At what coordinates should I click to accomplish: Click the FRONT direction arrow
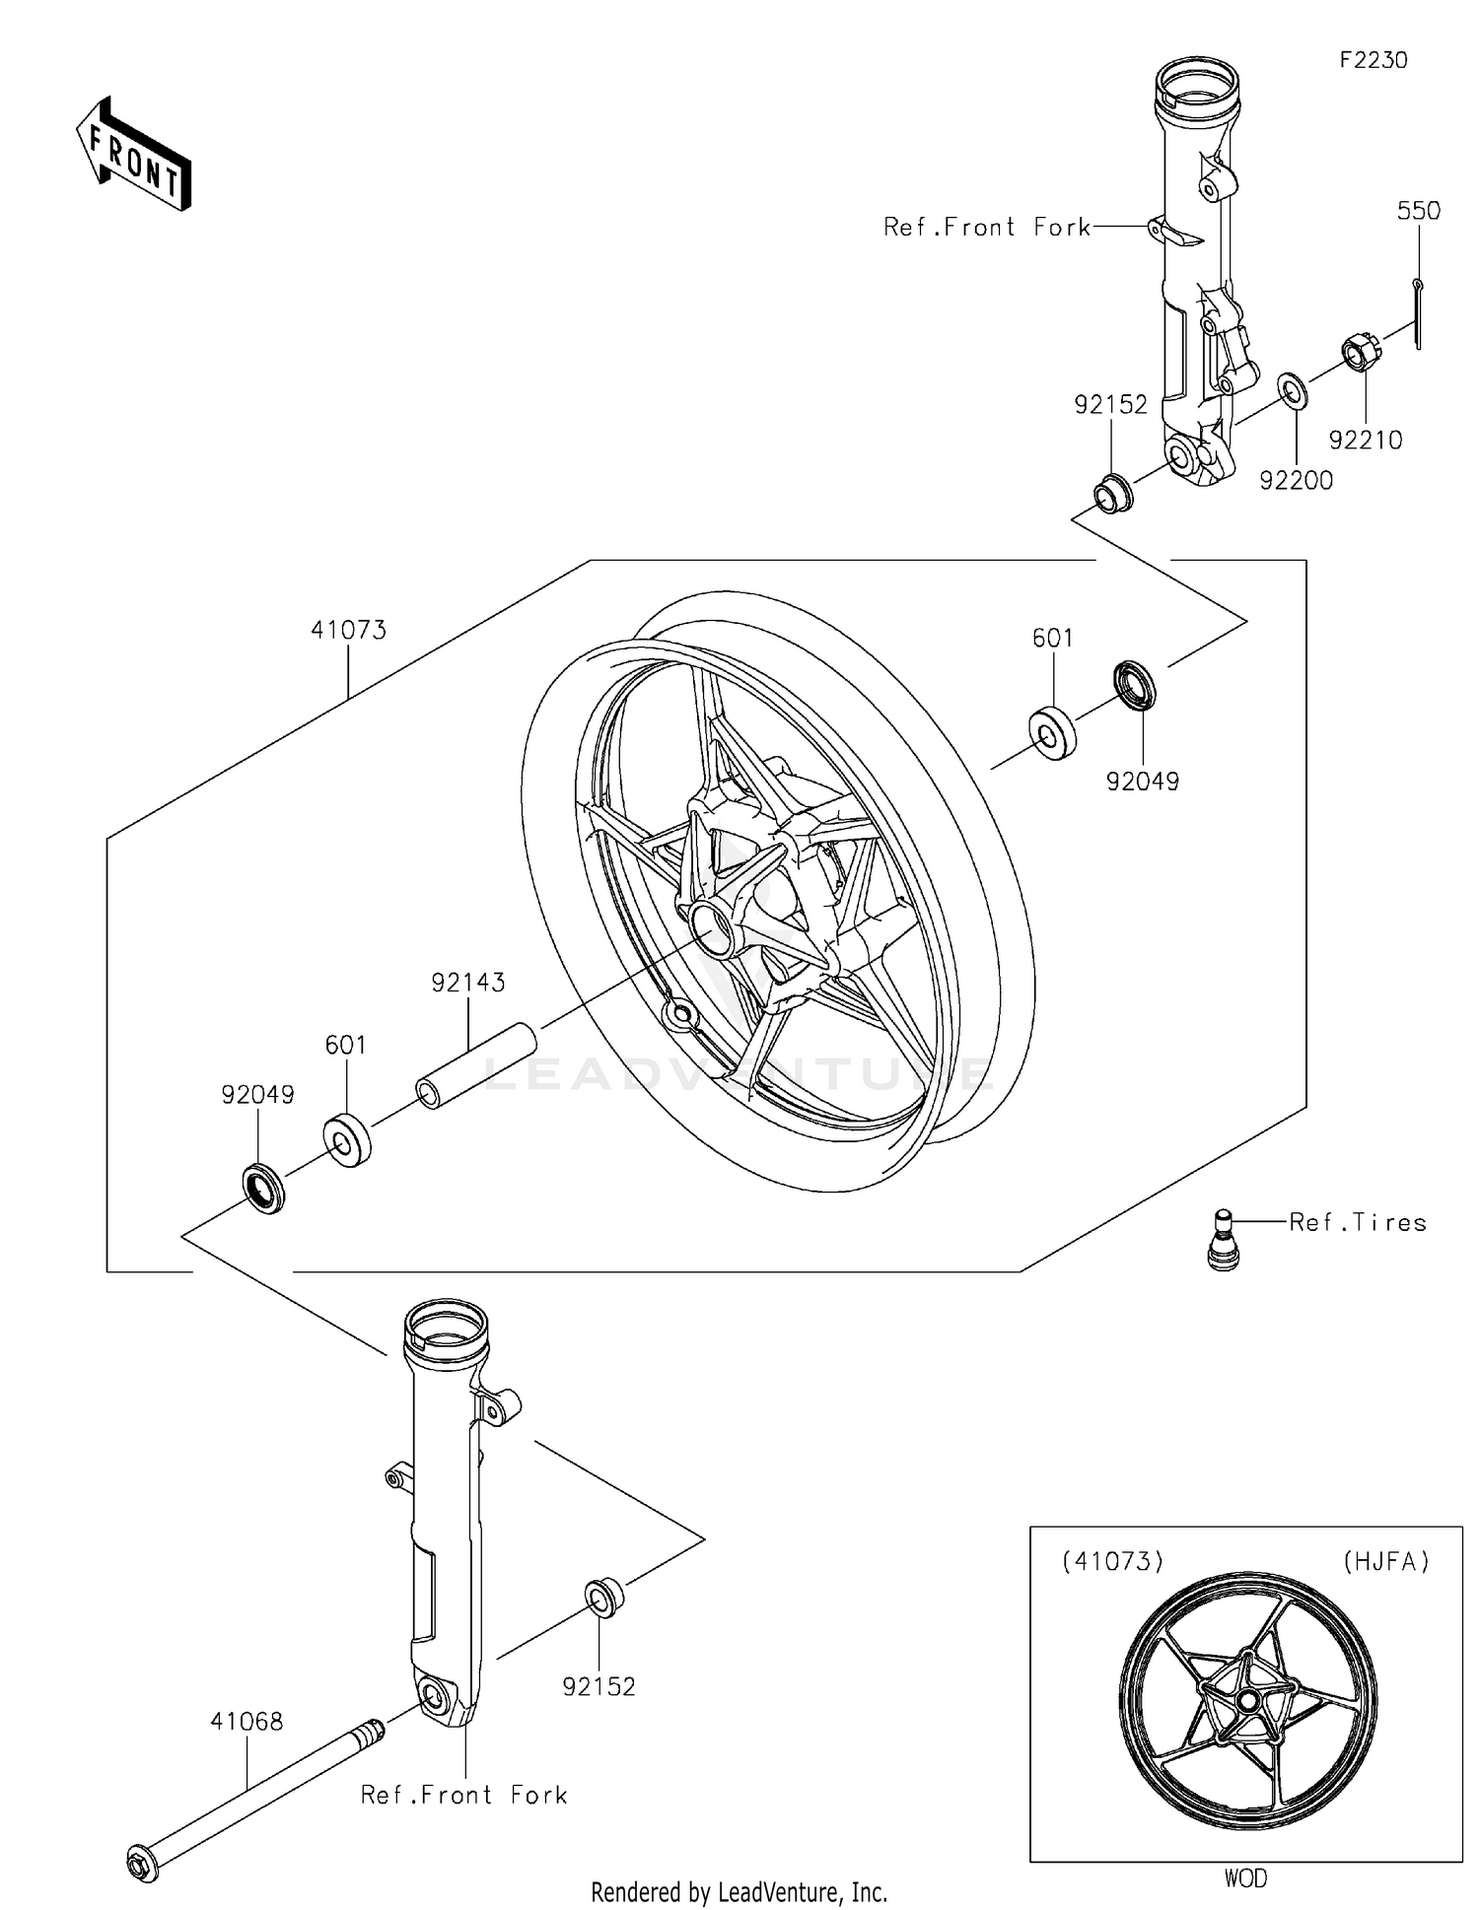point(133,155)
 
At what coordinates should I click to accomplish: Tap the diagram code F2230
point(1373,60)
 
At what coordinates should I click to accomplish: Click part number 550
point(1418,211)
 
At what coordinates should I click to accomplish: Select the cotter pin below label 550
point(1418,313)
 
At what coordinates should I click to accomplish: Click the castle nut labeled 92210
point(1360,353)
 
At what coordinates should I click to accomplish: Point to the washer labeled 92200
point(1293,391)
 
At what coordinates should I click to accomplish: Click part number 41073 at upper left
point(348,630)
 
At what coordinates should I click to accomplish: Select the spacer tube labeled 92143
point(475,1065)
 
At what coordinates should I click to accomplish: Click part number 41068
point(246,1721)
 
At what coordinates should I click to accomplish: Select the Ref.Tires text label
point(1357,1223)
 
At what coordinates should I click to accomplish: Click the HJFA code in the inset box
point(1385,1561)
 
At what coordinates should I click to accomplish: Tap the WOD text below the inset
point(1245,1878)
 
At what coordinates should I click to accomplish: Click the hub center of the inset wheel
point(1248,1700)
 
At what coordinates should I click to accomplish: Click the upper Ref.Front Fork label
point(986,228)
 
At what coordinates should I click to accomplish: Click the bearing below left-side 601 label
point(347,1139)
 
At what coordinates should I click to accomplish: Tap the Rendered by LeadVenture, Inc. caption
point(739,1891)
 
